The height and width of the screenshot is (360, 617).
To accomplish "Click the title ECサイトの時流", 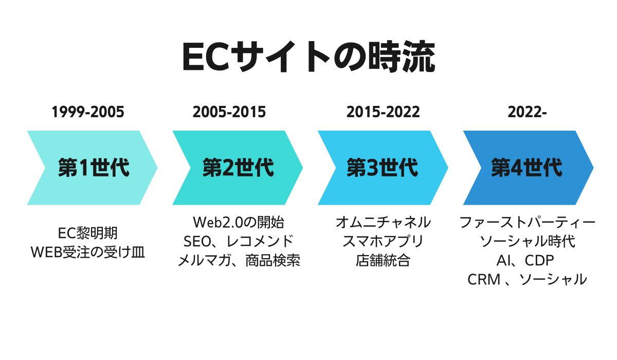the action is click(x=308, y=57).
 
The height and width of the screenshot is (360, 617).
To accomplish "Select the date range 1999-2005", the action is click(x=88, y=112).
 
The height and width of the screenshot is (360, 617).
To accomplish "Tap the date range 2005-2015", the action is click(x=229, y=112).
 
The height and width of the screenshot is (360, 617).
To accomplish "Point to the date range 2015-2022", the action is click(x=383, y=112).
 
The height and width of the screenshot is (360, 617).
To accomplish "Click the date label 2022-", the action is click(x=527, y=112).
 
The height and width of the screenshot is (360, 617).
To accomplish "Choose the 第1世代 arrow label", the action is click(x=94, y=168).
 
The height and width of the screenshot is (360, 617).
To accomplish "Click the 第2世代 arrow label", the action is click(x=238, y=168).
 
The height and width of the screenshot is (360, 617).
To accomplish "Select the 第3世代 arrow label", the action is click(x=383, y=168).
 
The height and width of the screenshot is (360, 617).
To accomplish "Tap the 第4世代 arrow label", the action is click(x=527, y=168).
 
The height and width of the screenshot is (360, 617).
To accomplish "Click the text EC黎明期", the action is click(x=88, y=233).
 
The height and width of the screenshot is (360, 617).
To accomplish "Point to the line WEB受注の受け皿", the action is click(x=88, y=253).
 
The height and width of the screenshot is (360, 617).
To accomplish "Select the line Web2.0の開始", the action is click(x=239, y=223).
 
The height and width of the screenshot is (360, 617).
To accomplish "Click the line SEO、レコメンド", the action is click(x=239, y=242).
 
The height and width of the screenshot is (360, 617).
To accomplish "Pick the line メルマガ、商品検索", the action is click(x=239, y=261).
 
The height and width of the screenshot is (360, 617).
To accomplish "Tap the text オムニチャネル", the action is click(x=383, y=223).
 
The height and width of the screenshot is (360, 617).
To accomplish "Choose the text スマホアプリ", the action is click(x=383, y=242).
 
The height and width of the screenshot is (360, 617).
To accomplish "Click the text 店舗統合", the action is click(x=383, y=261).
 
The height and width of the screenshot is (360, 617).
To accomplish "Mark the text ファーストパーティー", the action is click(x=527, y=223).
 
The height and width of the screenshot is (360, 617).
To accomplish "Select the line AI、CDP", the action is click(x=525, y=261).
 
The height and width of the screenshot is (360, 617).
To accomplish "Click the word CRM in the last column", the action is click(x=484, y=280).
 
